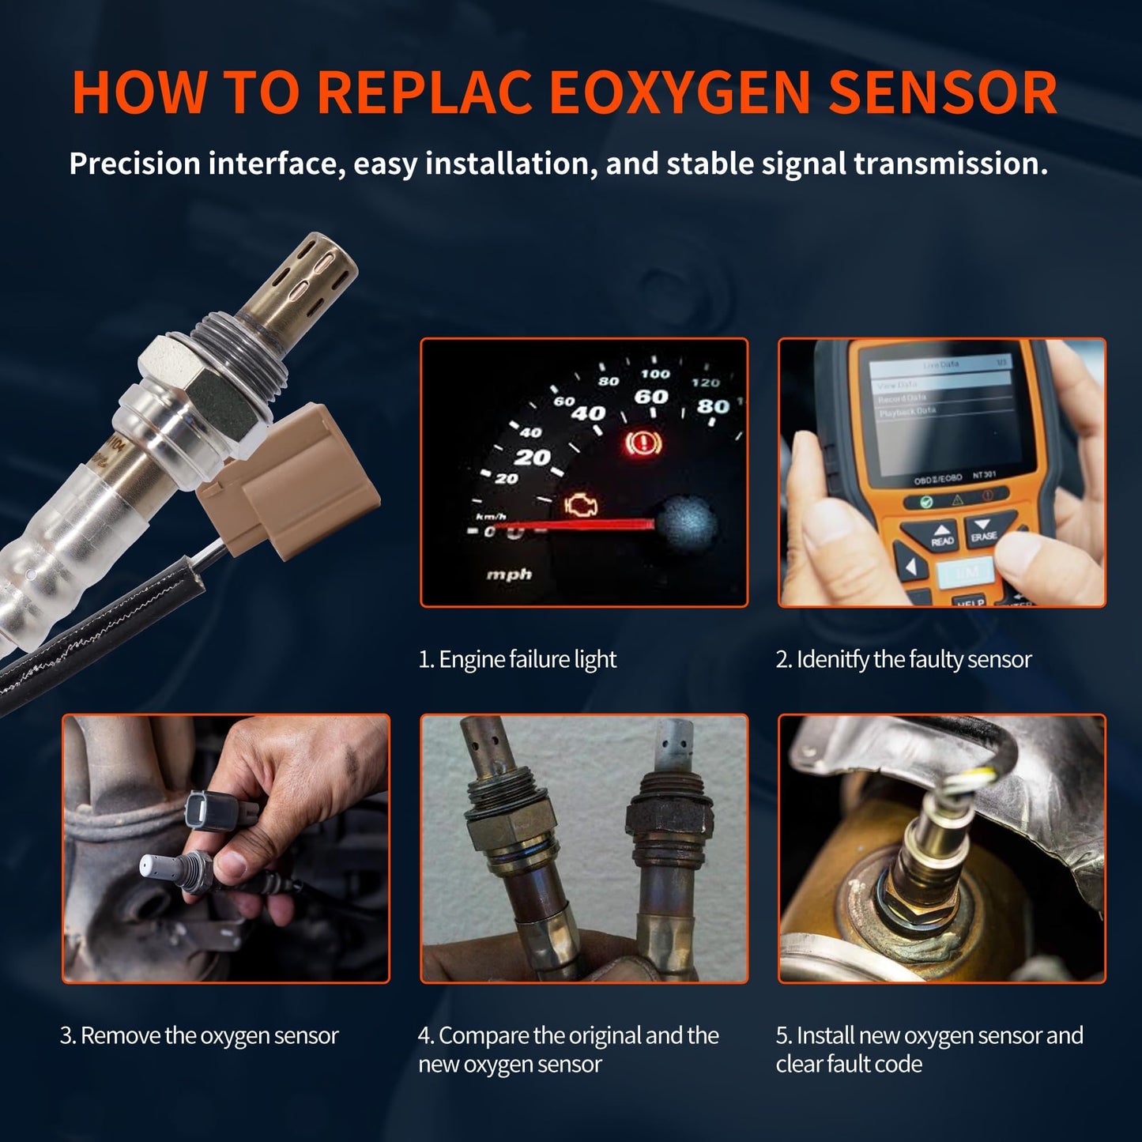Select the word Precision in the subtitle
(x=134, y=164)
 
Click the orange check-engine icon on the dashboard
(x=582, y=505)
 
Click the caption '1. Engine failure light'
(x=517, y=659)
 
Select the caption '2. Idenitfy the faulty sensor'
(x=903, y=659)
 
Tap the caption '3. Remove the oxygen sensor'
(x=199, y=1035)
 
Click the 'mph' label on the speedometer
(x=509, y=575)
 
